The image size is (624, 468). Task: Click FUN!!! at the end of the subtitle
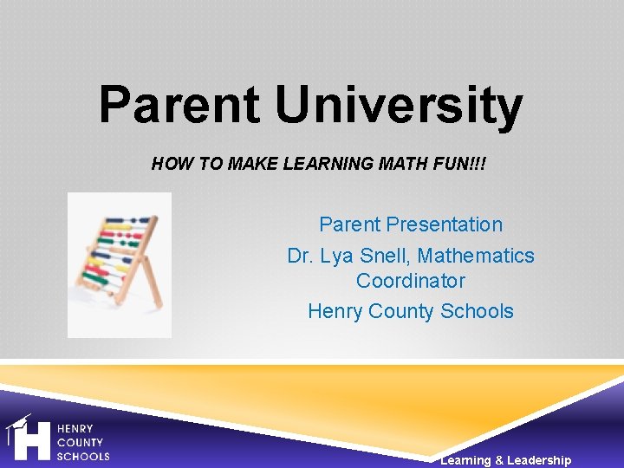[x=463, y=163]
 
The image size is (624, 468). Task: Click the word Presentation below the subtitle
[x=444, y=224]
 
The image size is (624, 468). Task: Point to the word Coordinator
[x=411, y=281]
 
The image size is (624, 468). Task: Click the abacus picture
[x=120, y=264]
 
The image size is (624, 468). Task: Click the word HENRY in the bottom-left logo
[x=75, y=429]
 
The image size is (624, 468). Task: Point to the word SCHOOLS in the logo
[x=83, y=456]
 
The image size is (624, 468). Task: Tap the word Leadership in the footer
[x=539, y=460]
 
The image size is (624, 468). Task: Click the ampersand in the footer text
[x=498, y=460]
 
